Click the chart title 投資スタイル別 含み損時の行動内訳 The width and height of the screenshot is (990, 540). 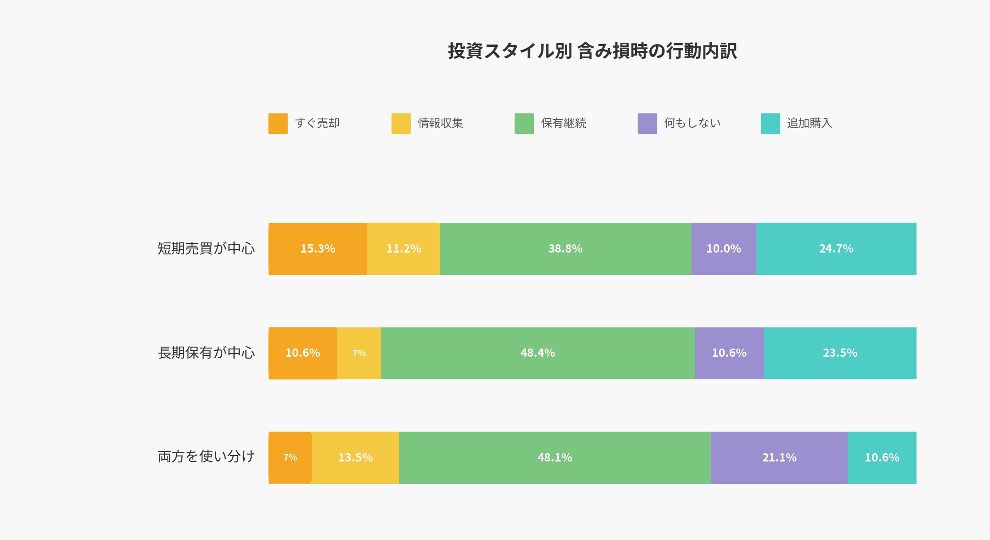coord(592,51)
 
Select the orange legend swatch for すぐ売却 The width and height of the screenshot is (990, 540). coord(278,124)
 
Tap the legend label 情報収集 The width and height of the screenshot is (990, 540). coord(440,123)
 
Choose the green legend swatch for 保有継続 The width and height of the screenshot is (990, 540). coord(524,124)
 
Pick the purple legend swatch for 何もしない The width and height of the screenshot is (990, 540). coord(647,124)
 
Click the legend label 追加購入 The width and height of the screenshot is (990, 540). coord(810,123)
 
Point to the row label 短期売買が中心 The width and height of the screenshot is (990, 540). coord(206,248)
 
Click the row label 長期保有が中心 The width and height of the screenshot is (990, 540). coord(206,353)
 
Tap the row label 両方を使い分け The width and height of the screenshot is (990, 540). coord(206,457)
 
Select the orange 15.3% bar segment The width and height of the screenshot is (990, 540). coord(318,249)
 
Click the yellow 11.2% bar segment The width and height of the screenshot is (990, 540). coord(404,249)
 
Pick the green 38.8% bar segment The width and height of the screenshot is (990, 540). coord(565,249)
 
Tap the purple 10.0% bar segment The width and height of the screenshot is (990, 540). coord(724,249)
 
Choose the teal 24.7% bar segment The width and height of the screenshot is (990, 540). coord(836,249)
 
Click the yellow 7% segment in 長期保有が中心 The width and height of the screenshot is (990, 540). coord(359,353)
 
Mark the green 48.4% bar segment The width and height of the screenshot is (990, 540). coord(538,353)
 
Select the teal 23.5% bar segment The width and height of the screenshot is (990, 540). coord(840,353)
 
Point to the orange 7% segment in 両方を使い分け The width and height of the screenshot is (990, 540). coord(290,458)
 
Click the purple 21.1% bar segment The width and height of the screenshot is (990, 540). coord(779,458)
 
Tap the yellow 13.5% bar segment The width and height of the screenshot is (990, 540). coord(355,458)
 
